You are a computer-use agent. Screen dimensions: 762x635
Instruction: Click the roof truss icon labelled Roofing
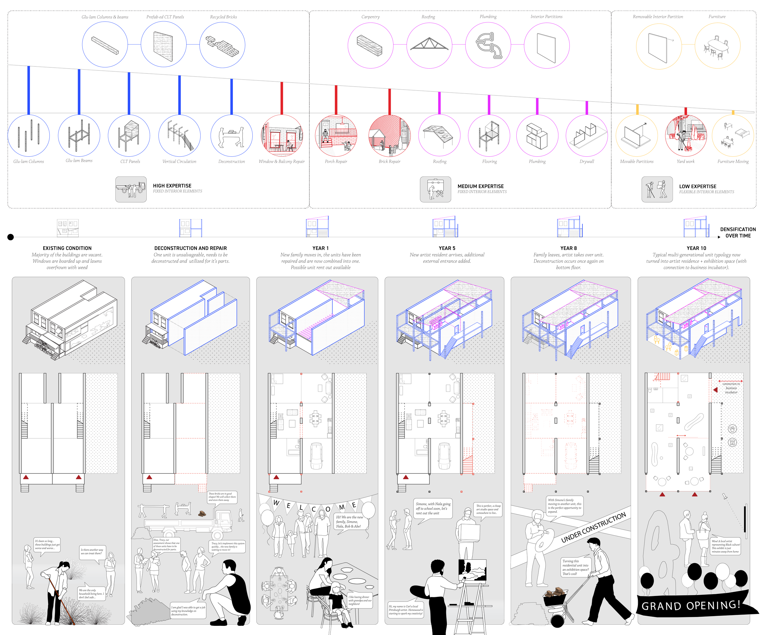pos(429,45)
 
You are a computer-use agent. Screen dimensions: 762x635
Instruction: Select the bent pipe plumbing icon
pos(488,45)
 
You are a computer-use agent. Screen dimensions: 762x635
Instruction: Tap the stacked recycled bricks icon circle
pos(223,45)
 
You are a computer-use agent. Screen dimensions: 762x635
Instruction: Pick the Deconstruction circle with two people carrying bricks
pos(231,136)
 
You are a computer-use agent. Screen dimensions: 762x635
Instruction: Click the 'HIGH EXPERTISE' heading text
pos(172,186)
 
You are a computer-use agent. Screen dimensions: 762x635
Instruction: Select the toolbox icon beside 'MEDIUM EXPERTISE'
pos(436,189)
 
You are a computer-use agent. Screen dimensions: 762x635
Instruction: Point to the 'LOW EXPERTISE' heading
pos(697,186)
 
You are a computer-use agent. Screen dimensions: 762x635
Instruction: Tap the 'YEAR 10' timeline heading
pos(697,248)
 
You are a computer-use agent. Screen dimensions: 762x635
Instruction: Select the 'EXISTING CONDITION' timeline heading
pos(67,248)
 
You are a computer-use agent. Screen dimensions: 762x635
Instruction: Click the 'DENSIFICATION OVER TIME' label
pos(738,233)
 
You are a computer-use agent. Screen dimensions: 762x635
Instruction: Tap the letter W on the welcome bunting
pos(276,503)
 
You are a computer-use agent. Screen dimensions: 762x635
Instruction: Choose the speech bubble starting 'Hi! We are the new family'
pos(349,521)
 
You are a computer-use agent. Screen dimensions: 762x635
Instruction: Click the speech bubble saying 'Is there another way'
pos(92,551)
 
